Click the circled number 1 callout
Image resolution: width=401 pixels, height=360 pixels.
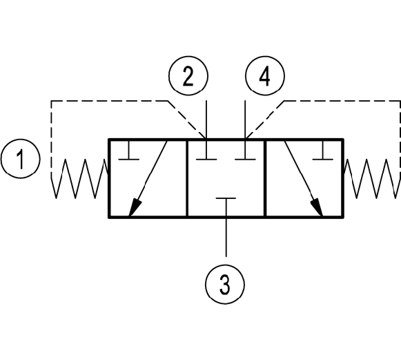pos(21,159)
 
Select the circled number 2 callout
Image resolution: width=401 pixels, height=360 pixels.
pos(188,76)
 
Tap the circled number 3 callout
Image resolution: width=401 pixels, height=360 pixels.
pos(225,285)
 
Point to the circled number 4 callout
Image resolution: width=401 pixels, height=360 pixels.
pos(265,76)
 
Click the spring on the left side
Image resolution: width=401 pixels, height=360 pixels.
pos(79,178)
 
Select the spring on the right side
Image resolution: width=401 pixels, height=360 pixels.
pos(372,178)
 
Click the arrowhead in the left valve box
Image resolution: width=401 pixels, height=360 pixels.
pos(135,207)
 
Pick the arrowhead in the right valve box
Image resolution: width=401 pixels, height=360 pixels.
pos(317,207)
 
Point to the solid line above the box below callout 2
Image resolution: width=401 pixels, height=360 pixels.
pos(206,120)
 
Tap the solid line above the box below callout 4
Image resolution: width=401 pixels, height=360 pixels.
pos(245,120)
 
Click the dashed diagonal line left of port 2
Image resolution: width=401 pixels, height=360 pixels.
pos(187,120)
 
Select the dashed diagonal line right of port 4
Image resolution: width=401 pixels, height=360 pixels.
pos(265,120)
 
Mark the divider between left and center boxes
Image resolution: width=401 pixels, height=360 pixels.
pos(187,178)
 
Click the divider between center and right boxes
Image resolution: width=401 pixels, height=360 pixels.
pos(266,178)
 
